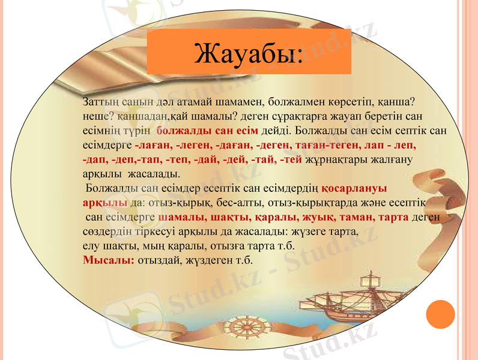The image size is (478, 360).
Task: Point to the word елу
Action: [x=90, y=246]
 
